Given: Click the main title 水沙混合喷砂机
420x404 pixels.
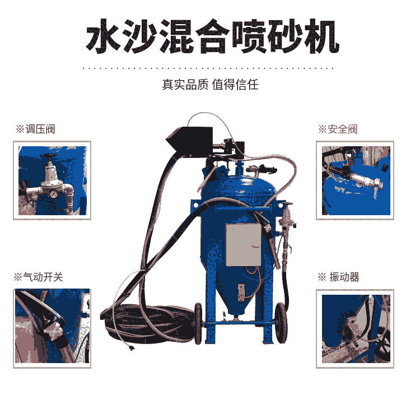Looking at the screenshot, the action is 212,36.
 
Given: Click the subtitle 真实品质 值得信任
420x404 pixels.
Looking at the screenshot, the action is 210,85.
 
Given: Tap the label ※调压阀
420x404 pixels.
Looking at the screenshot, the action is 35,129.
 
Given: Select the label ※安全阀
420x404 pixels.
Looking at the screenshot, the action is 338,129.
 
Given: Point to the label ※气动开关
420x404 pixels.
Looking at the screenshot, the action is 38,277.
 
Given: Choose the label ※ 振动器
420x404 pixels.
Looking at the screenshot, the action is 338,277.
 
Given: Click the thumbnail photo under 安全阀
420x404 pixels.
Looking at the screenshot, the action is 355,180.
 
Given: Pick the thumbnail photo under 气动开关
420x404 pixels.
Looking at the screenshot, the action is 52,329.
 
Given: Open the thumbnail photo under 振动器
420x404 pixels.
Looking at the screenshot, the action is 355,329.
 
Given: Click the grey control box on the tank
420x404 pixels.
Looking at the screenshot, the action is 244,245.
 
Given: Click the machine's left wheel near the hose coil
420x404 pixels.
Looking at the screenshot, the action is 198,323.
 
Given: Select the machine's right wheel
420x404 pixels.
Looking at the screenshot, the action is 281,323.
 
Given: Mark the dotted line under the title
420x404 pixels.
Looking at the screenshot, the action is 208,68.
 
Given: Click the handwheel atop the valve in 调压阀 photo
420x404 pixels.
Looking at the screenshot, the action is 49,156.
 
